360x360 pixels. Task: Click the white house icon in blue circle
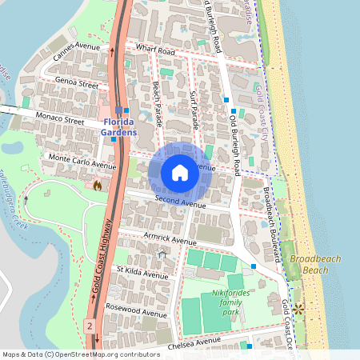click(179, 173)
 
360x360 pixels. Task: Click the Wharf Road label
click(155, 50)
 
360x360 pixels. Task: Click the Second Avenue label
click(181, 203)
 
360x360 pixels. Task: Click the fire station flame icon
click(98, 186)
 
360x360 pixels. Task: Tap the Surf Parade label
click(196, 108)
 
